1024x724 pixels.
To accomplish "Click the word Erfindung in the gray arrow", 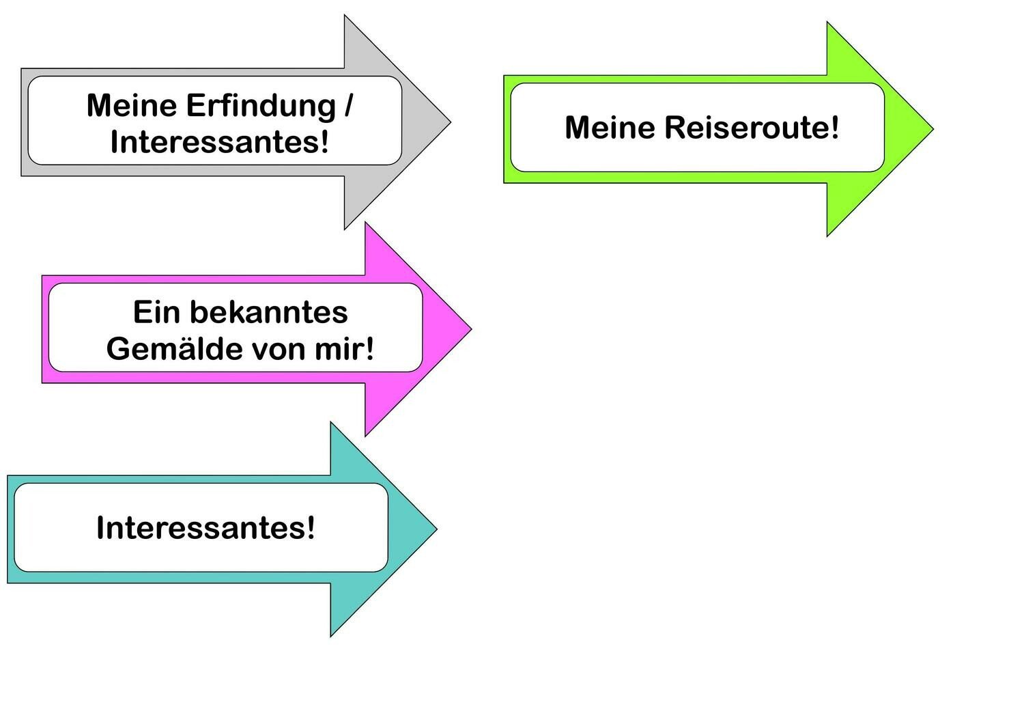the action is [x=261, y=107].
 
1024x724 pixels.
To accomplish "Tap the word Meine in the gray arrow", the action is [x=132, y=106].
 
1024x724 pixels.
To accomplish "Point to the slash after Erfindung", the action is [x=349, y=107].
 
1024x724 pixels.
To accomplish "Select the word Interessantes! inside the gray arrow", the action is [x=220, y=143].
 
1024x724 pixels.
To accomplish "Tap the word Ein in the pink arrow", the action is [x=156, y=312].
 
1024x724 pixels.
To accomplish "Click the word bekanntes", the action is [x=268, y=312].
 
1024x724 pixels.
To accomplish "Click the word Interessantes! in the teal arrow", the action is [x=205, y=528].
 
